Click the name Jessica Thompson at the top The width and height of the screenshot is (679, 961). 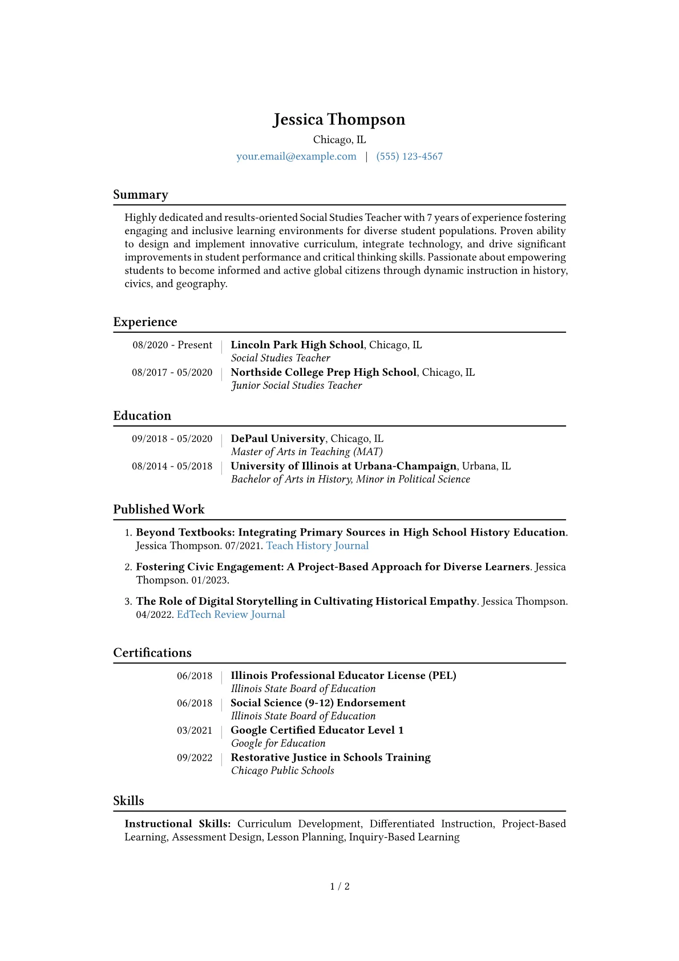339,119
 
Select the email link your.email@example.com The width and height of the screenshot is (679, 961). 296,156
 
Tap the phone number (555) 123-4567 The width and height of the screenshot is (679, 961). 409,156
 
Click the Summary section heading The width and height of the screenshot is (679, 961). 140,195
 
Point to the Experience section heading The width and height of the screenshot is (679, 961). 145,322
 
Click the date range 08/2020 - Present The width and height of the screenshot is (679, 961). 172,345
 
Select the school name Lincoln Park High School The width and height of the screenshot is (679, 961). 297,345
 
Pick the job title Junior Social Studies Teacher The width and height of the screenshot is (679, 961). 296,385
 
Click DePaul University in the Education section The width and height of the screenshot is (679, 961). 277,439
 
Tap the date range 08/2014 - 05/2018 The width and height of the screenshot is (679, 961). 172,466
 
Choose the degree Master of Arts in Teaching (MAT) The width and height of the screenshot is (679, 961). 306,452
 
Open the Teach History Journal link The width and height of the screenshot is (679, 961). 317,545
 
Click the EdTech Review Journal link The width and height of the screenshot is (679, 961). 231,614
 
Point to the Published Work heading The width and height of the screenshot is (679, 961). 159,509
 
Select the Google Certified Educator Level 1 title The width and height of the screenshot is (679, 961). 317,730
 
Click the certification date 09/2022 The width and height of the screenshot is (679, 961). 194,758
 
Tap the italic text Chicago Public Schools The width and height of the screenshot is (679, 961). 282,771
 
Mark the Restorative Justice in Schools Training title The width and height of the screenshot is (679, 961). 330,757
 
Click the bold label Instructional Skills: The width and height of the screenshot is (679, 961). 177,823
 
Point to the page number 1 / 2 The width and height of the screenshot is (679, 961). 339,886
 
